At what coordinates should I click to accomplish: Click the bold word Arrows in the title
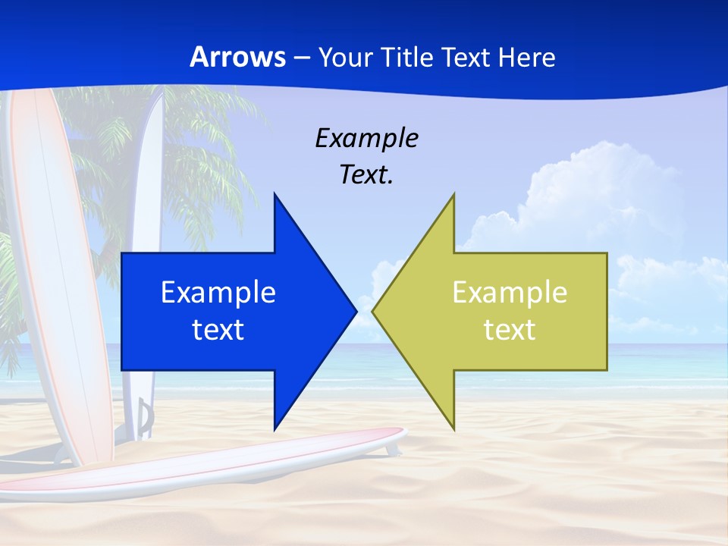point(237,57)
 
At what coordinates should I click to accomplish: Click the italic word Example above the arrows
point(366,138)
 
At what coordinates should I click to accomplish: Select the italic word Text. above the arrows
point(366,175)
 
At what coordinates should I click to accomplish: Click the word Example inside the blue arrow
point(218,293)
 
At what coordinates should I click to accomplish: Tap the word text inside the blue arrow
point(218,329)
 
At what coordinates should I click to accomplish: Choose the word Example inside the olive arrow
point(510,293)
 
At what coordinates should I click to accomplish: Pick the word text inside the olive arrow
point(510,329)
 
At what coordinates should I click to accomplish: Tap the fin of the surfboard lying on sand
point(391,449)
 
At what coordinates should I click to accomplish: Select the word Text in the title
point(465,57)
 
